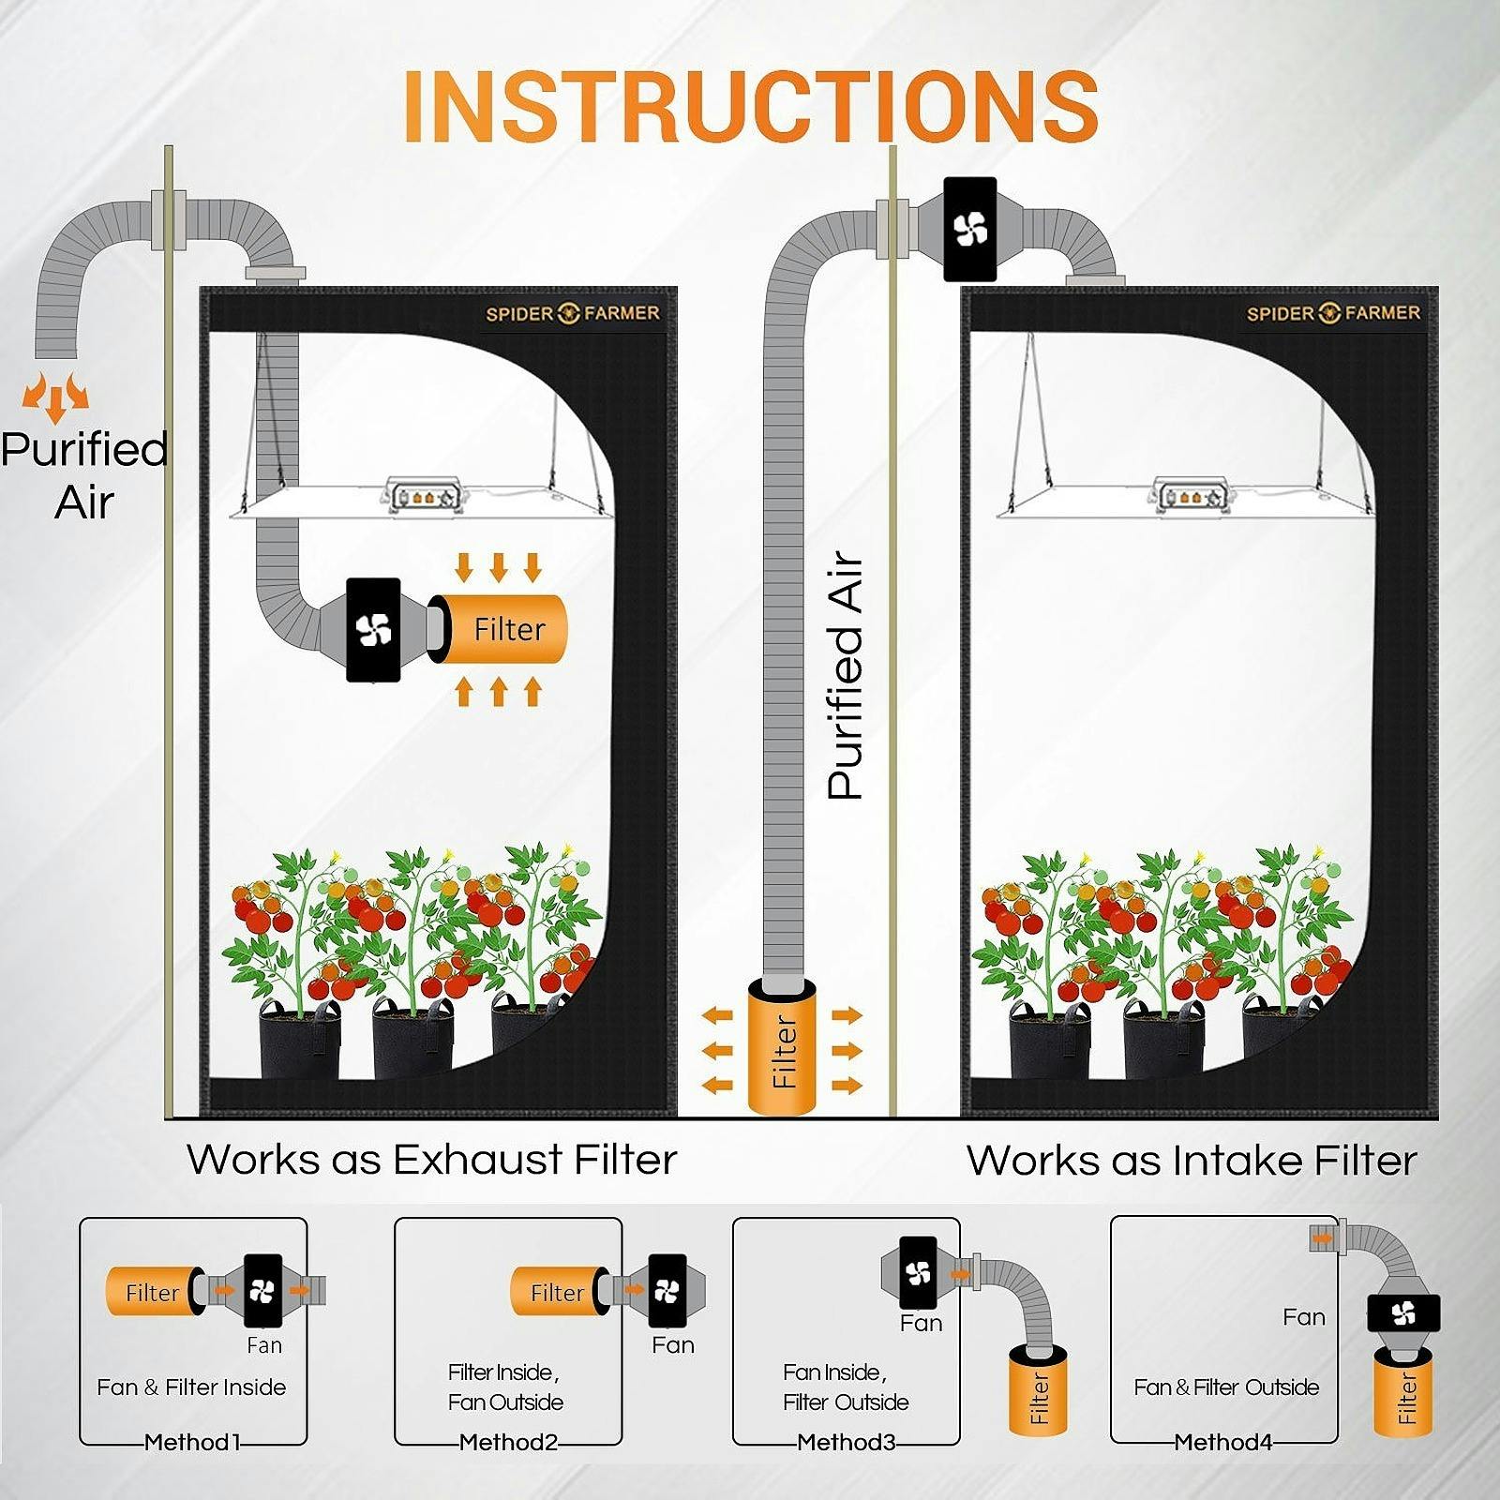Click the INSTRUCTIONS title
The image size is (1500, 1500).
750,105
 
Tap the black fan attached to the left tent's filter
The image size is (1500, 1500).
373,629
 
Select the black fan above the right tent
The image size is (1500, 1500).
969,229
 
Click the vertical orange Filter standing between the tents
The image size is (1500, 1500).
782,1048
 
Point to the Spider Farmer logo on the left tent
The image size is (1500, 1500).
572,313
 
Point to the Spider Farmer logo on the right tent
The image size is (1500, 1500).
1332,313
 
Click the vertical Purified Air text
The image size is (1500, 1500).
845,675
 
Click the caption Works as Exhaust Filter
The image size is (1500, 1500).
431,1160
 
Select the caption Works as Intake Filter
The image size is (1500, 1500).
1191,1161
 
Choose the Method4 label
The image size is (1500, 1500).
1223,1442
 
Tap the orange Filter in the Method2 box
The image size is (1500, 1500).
556,1292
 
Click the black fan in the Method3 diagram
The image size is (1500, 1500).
918,1272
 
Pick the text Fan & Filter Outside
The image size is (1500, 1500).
1226,1387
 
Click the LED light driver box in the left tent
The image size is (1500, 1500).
425,494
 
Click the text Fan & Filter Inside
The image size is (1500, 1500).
191,1387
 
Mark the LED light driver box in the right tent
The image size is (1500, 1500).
1190,494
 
